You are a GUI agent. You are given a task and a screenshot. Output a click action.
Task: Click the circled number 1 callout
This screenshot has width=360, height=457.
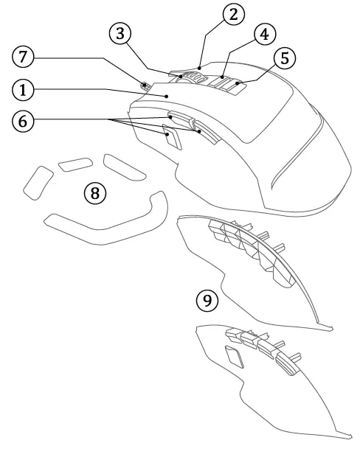[x=23, y=90]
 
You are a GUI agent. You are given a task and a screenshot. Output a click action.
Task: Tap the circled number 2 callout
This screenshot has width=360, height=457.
[x=233, y=15]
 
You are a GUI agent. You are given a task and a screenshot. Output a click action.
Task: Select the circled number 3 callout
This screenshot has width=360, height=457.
[x=120, y=34]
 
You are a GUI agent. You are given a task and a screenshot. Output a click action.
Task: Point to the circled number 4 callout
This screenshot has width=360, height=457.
[x=264, y=34]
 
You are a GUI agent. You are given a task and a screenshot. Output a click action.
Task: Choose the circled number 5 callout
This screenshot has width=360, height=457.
[x=285, y=57]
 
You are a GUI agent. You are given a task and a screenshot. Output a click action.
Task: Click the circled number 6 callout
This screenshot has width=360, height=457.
[x=23, y=121]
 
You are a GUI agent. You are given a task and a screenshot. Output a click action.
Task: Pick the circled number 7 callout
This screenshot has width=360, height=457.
[x=23, y=57]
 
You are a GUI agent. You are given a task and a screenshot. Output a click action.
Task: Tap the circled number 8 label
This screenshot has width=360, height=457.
[x=95, y=193]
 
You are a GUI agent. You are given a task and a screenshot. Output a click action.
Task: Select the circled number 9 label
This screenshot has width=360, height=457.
[x=207, y=301]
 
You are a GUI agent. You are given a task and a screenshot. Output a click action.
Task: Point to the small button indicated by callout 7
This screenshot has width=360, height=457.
[x=145, y=86]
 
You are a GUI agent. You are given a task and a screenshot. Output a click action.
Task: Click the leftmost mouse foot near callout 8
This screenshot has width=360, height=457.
[x=38, y=183]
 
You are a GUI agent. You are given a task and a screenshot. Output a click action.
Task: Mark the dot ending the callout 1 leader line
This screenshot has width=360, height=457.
[x=167, y=96]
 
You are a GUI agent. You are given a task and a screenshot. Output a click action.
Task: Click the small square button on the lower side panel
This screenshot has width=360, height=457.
[x=235, y=357]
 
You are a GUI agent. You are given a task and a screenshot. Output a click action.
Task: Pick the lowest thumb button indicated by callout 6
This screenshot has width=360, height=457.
[x=172, y=136]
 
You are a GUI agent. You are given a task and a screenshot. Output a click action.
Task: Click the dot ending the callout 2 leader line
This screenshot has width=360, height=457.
[x=199, y=68]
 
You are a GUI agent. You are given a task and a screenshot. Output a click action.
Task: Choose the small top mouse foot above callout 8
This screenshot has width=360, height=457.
[x=75, y=164]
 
